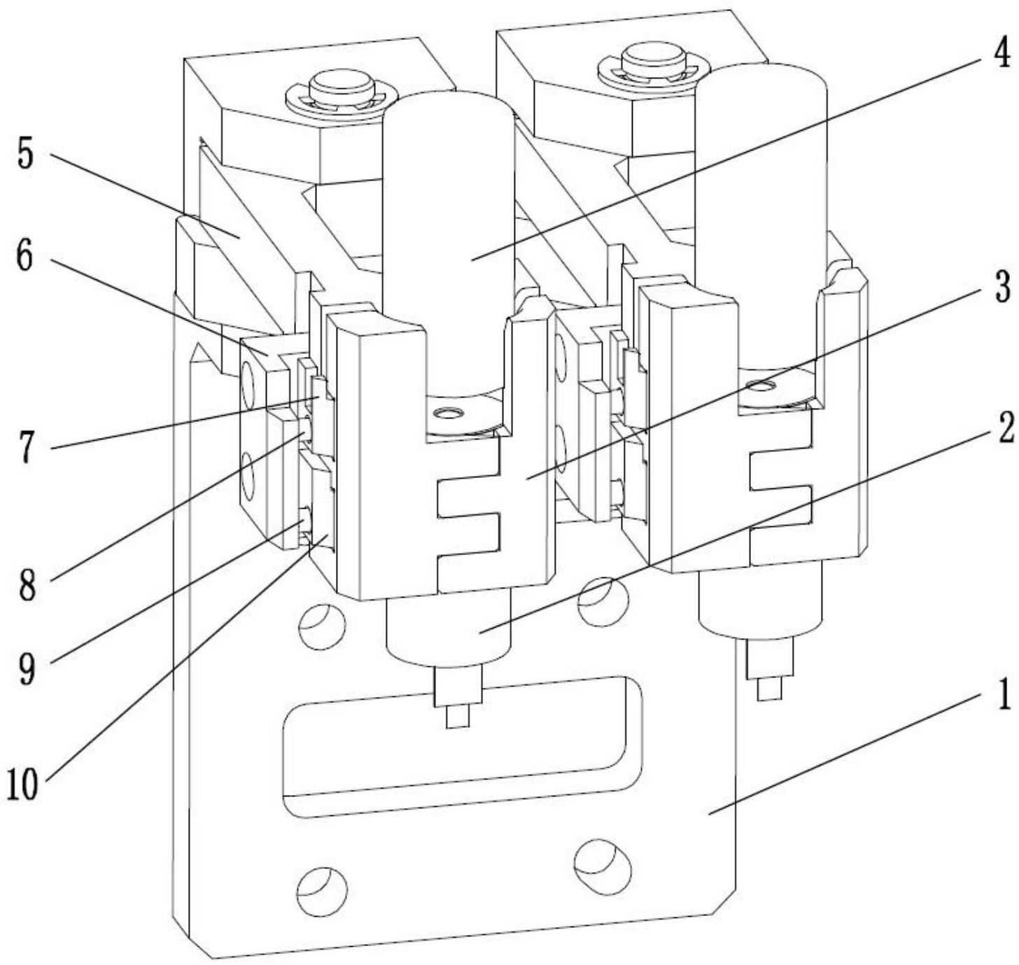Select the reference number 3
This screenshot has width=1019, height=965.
coord(1001,287)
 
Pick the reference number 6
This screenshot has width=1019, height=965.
coord(25,257)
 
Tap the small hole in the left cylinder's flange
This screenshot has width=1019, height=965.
coord(449,414)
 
